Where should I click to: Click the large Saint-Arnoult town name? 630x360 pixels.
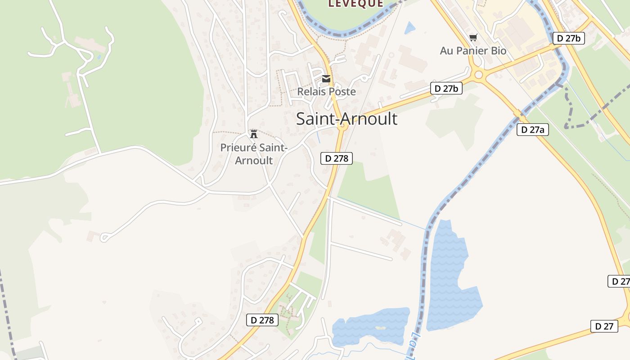click(x=346, y=119)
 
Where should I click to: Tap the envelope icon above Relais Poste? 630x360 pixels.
click(x=326, y=79)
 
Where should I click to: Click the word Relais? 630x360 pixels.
click(x=311, y=92)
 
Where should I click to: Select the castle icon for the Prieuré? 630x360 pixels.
click(x=254, y=134)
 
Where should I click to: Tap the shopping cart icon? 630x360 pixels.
click(x=473, y=38)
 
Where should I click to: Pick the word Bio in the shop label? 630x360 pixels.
click(x=499, y=51)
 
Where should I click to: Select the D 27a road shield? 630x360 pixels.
click(x=532, y=130)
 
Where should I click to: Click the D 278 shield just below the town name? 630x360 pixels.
click(x=337, y=158)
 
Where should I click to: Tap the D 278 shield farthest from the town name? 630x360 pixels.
click(x=262, y=320)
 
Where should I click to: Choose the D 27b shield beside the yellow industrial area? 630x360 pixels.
click(x=568, y=38)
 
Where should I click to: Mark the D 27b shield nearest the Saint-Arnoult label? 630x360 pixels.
click(x=446, y=89)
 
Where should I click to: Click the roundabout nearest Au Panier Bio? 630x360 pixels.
click(x=478, y=75)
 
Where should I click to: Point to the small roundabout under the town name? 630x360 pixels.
click(x=342, y=127)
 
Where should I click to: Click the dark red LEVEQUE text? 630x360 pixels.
click(x=355, y=4)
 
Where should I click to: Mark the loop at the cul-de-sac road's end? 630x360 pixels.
click(x=104, y=237)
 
